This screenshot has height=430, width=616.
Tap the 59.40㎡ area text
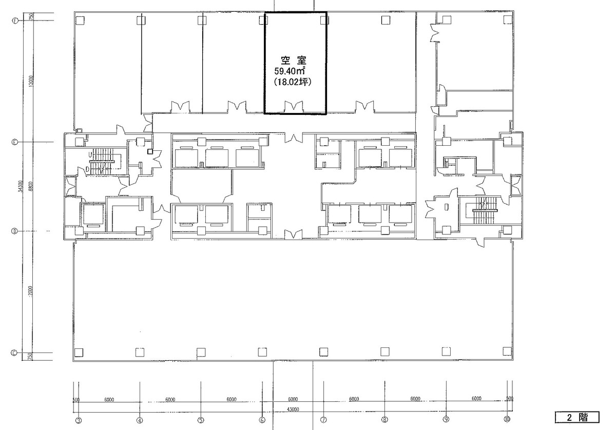coord(290,71)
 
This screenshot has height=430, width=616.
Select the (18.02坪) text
coord(293,82)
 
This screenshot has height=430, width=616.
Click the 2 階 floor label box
coord(577,416)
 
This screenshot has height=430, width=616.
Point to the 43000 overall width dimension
coord(293,409)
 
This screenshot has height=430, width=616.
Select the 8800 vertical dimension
coord(31,186)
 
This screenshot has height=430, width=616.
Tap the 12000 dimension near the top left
coord(31,81)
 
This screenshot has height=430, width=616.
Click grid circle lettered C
coord(14,353)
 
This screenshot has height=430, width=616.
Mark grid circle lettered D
coord(14,231)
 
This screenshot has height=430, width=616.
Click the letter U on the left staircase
coord(90,153)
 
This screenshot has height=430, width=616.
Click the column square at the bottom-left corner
coord(79,352)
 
